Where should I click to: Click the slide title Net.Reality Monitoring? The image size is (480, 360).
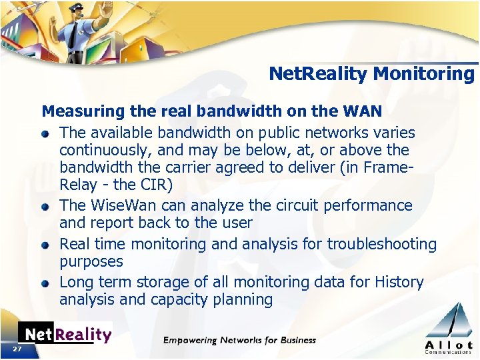tap(371, 73)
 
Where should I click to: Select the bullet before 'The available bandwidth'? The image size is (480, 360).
tap(45, 133)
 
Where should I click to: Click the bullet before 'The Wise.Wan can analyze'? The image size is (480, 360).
tap(45, 207)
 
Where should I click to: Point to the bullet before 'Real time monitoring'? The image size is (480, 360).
tap(45, 245)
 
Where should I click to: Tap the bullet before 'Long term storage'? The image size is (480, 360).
tap(45, 283)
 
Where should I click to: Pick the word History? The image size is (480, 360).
tap(397, 283)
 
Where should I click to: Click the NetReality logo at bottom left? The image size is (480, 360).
tap(65, 334)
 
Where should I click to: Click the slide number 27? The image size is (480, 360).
tap(17, 349)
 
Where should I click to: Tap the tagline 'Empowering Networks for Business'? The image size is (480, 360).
tap(239, 340)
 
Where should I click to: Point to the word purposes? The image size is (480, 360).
tap(91, 262)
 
